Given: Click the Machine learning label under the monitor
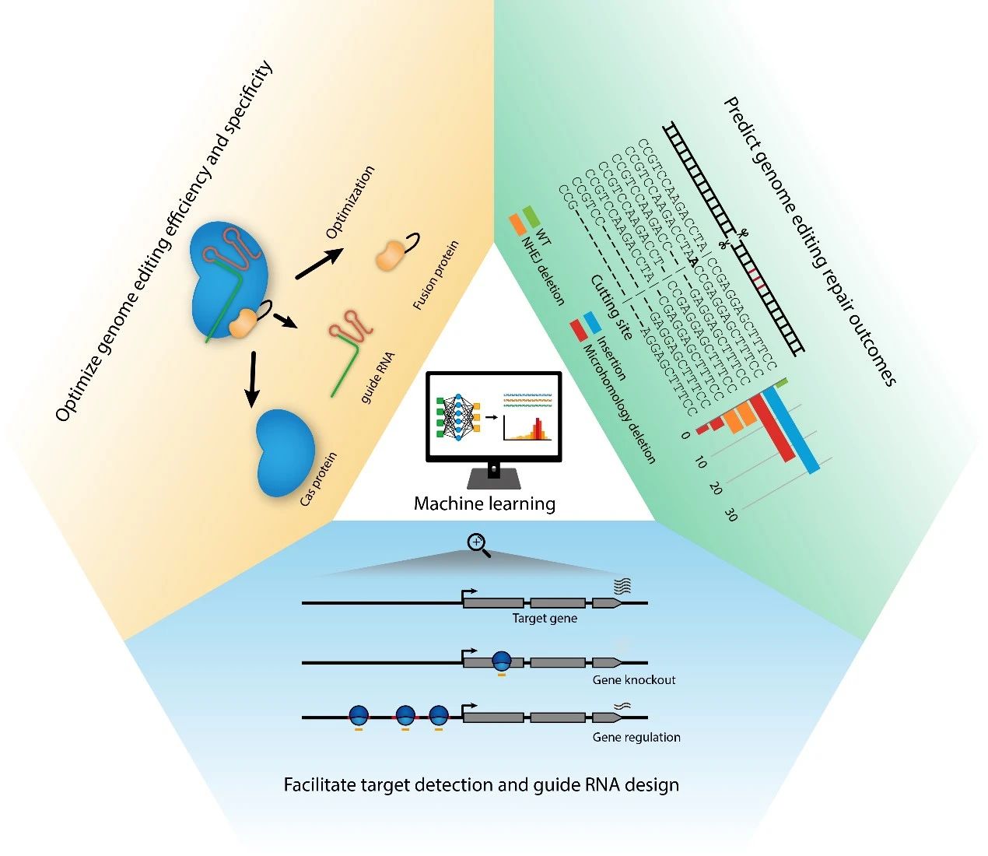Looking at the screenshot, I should (484, 503).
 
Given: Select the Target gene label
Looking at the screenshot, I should (545, 619).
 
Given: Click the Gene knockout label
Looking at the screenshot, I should (634, 680).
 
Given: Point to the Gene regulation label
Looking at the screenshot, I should (636, 737).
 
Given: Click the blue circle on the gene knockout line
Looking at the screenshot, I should (502, 661).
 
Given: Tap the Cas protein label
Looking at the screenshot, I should (318, 479).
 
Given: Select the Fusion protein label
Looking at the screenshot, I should (436, 275).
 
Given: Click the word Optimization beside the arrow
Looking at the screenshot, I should (350, 202).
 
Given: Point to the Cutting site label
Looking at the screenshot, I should (611, 307).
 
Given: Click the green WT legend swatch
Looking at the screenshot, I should (531, 214).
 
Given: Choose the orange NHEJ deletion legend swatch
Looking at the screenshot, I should (517, 224).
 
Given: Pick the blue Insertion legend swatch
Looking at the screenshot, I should (592, 322).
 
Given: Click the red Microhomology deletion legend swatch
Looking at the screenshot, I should (579, 330).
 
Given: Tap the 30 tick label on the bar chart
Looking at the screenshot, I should (730, 514).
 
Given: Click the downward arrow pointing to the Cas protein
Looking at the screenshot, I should (251, 379).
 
